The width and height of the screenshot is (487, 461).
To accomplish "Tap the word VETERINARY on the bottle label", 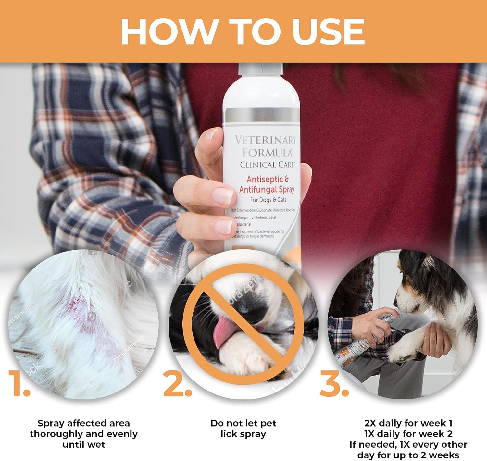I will point(265,140).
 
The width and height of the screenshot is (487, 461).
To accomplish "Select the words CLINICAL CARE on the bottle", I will point(267,165).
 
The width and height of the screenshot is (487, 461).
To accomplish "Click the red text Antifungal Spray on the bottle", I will point(267,189).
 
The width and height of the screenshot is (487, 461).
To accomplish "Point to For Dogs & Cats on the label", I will point(268,200).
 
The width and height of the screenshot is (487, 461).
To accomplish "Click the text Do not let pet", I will point(243,423).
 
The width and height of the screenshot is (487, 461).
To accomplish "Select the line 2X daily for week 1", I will point(408,423).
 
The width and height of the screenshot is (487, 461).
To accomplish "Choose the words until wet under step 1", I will point(84,444).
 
